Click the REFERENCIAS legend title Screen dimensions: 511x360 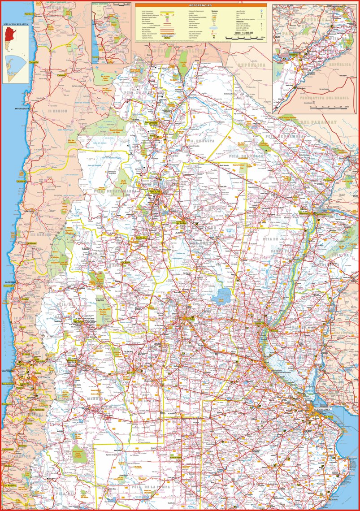pyautogui.click(x=201, y=5)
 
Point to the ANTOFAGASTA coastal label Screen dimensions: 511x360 pyautogui.click(x=22, y=109)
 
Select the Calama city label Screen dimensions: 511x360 pyautogui.click(x=61, y=75)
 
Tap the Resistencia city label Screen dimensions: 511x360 pyautogui.click(x=306, y=213)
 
